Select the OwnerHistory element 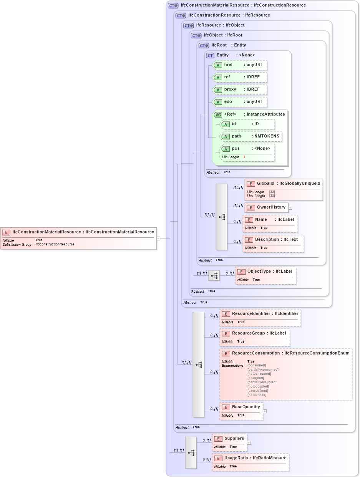click(267, 208)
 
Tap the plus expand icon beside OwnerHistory click(290, 208)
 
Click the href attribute click(240, 65)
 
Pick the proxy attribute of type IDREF click(240, 89)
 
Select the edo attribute click(240, 102)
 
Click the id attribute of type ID click(247, 124)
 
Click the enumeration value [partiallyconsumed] click(263, 369)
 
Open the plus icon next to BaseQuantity click(265, 411)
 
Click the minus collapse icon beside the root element click(158, 238)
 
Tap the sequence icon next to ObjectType click(214, 275)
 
